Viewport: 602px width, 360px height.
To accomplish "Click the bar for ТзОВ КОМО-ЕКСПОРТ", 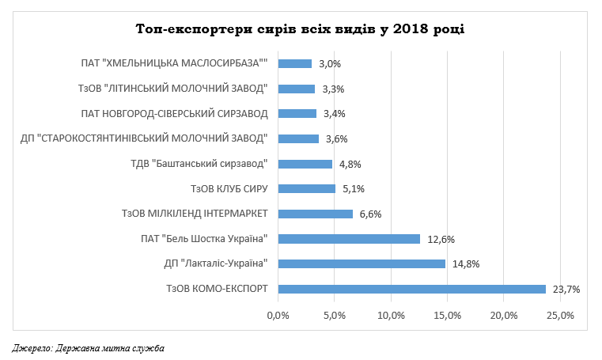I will (x=411, y=289).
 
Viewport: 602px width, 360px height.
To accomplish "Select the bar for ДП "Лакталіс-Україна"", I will (x=362, y=263).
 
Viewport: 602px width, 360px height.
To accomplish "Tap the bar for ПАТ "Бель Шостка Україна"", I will (x=349, y=238).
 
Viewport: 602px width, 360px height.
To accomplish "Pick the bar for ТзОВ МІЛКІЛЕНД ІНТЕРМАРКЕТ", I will (x=315, y=214).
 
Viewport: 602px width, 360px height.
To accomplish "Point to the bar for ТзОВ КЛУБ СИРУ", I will (x=306, y=188).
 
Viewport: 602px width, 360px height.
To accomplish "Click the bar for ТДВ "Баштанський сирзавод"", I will (x=305, y=164).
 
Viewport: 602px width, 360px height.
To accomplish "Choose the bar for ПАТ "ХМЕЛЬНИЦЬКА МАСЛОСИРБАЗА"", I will (x=295, y=63).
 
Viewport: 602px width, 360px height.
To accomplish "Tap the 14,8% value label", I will (x=465, y=263).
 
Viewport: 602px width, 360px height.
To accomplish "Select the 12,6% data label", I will (x=440, y=238).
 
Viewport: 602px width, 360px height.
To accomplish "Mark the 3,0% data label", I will (x=330, y=63).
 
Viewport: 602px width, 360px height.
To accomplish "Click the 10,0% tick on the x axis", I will (x=391, y=316).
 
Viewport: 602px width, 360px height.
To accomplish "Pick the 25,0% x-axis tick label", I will (x=560, y=316).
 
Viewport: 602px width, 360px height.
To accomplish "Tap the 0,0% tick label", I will (x=278, y=316).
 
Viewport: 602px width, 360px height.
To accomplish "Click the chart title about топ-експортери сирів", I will (x=300, y=29).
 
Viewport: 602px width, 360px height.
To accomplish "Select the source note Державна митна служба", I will (x=89, y=347).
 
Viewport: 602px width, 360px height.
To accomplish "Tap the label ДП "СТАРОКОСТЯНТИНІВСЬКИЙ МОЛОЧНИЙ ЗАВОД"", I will (x=145, y=138).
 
